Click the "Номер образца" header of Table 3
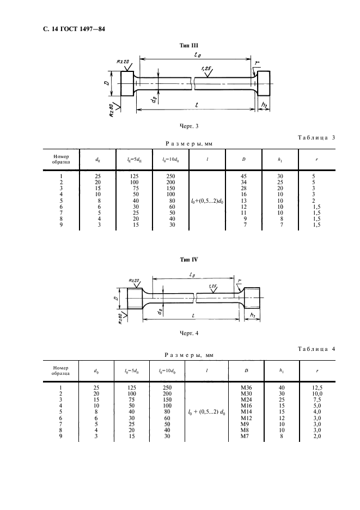[x=61, y=159]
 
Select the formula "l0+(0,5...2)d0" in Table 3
[x=207, y=201]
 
